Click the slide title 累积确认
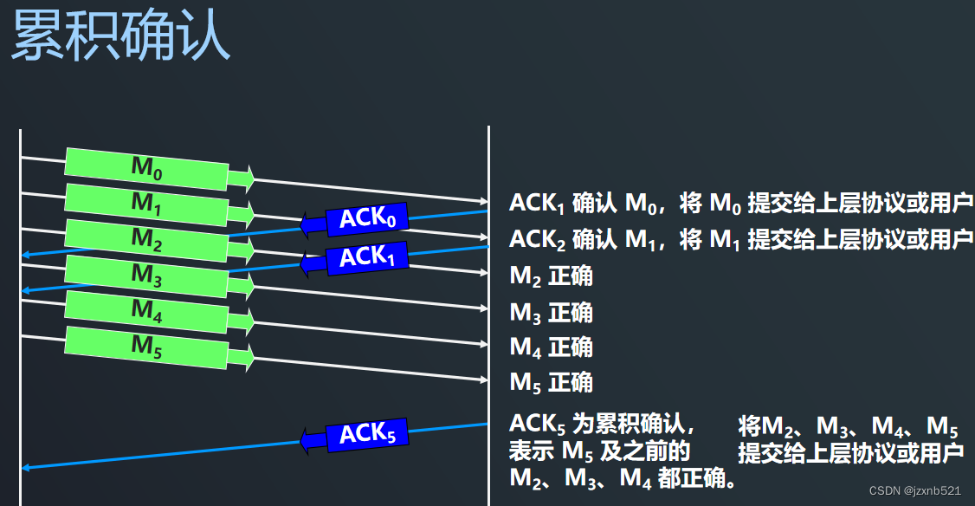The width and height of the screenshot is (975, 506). pyautogui.click(x=120, y=36)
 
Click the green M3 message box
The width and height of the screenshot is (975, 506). pyautogui.click(x=146, y=275)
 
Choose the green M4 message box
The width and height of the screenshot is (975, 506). pyautogui.click(x=146, y=310)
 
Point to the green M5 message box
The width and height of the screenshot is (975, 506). pyautogui.click(x=146, y=346)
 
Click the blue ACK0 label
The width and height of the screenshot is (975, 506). pyautogui.click(x=367, y=218)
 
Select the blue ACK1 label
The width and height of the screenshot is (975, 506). pyautogui.click(x=367, y=257)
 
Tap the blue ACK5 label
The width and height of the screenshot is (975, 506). pyautogui.click(x=367, y=433)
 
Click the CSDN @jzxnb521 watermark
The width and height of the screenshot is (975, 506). pyautogui.click(x=914, y=490)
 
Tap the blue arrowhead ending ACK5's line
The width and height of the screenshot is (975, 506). pyautogui.click(x=26, y=468)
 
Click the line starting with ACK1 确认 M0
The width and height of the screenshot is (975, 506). pyautogui.click(x=740, y=204)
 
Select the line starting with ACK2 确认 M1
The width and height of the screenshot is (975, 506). pyautogui.click(x=740, y=240)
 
